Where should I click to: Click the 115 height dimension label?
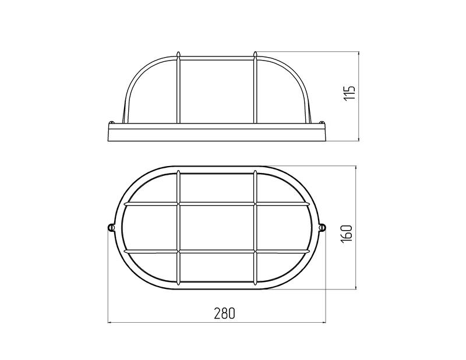click(349, 93)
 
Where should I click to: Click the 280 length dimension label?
click(224, 313)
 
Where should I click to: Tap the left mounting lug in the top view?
click(111, 227)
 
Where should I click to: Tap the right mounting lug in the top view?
click(323, 227)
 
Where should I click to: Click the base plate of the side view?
click(217, 132)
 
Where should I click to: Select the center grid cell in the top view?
click(217, 228)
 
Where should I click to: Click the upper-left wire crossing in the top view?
click(178, 204)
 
